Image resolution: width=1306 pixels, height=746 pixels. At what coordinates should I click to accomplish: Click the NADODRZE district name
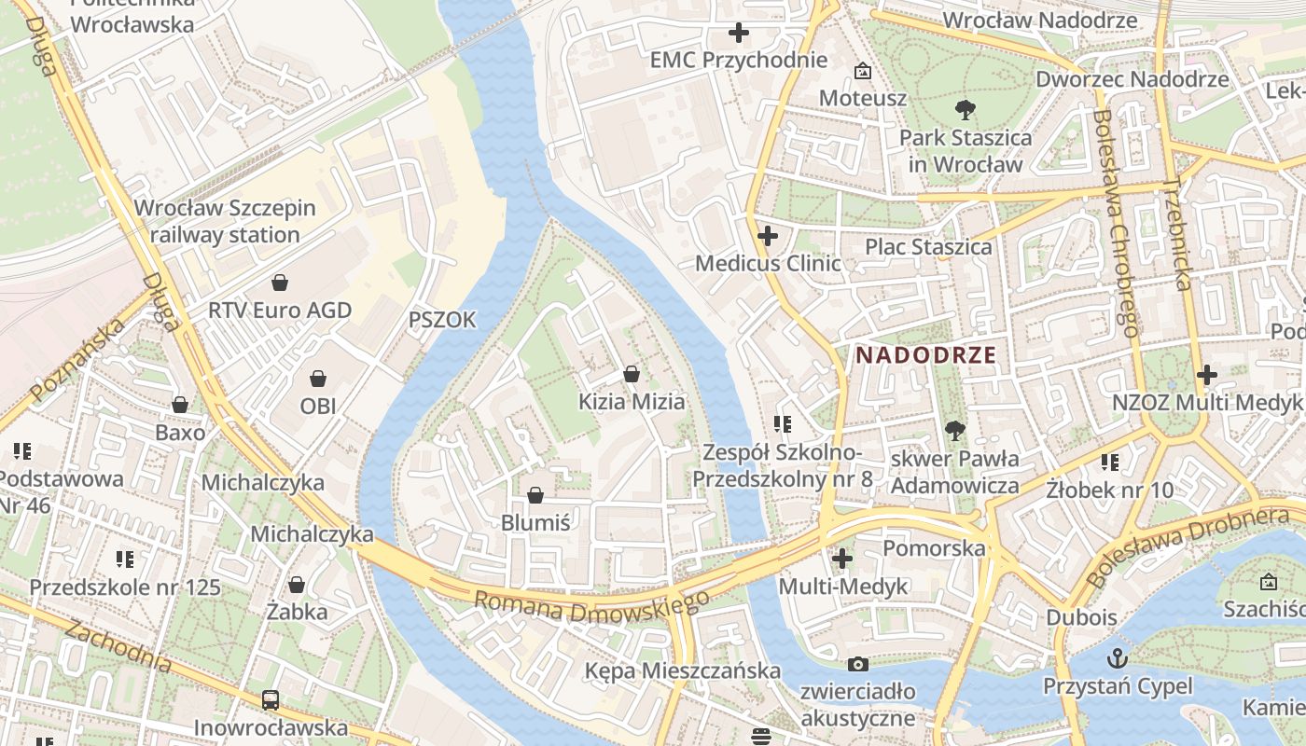pyautogui.click(x=926, y=355)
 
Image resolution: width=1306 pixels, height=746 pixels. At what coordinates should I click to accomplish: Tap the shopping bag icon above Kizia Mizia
pyautogui.click(x=632, y=375)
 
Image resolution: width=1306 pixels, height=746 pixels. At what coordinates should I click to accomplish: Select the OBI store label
pyautogui.click(x=318, y=406)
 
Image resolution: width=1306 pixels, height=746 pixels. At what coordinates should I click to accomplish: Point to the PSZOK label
pyautogui.click(x=442, y=321)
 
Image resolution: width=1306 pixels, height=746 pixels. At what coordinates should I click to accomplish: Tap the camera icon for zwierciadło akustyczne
pyautogui.click(x=858, y=665)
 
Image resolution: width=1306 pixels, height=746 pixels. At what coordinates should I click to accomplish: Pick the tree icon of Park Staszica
pyautogui.click(x=966, y=111)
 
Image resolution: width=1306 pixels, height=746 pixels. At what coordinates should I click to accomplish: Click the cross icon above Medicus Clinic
pyautogui.click(x=768, y=236)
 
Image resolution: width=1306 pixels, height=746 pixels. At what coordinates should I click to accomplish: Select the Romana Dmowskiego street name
pyautogui.click(x=591, y=610)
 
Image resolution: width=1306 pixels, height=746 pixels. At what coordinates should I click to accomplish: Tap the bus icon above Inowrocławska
pyautogui.click(x=271, y=699)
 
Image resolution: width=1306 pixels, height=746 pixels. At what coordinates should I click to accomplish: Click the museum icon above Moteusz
pyautogui.click(x=863, y=71)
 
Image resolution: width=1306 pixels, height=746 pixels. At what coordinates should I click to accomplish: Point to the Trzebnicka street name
pyautogui.click(x=1178, y=233)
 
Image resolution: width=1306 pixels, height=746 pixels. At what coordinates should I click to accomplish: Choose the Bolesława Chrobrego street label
pyautogui.click(x=1116, y=223)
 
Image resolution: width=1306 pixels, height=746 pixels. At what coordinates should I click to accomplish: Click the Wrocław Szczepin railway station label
pyautogui.click(x=225, y=222)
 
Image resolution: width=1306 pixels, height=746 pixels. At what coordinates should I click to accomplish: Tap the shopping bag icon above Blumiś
pyautogui.click(x=535, y=495)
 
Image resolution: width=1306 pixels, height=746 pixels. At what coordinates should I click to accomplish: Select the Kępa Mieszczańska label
pyautogui.click(x=682, y=670)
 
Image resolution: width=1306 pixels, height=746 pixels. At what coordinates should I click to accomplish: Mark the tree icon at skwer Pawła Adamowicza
pyautogui.click(x=954, y=430)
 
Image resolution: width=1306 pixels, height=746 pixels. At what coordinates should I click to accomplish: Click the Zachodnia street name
pyautogui.click(x=118, y=645)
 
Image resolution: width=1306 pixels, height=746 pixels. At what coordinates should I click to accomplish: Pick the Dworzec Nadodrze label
pyautogui.click(x=1132, y=79)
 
